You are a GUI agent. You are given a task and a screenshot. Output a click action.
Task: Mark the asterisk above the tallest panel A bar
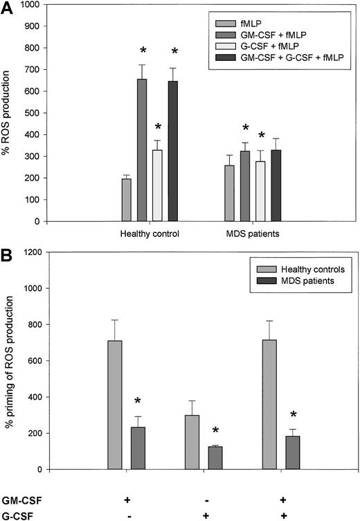coord(142,51)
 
